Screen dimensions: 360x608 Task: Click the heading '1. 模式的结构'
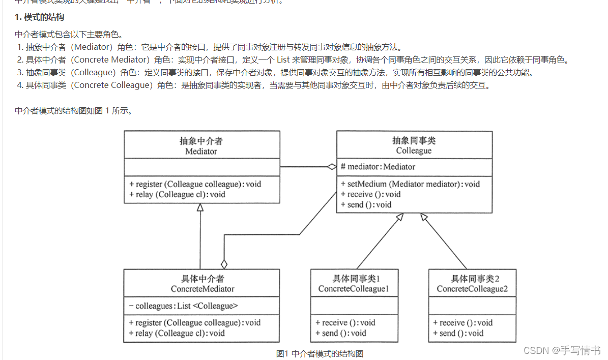click(x=39, y=17)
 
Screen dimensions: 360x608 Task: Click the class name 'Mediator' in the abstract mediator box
click(x=201, y=151)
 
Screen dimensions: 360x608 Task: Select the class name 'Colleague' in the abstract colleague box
click(x=414, y=151)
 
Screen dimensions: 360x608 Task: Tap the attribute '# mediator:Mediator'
click(x=378, y=167)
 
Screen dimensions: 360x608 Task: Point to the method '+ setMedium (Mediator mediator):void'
click(x=410, y=184)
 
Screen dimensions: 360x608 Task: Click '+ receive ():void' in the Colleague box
click(x=370, y=194)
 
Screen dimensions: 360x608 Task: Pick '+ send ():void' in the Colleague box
click(x=366, y=204)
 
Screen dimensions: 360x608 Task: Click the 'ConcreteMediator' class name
click(x=202, y=289)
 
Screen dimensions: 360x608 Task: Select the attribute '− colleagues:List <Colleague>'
click(x=183, y=306)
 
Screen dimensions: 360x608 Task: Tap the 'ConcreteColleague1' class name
click(x=354, y=289)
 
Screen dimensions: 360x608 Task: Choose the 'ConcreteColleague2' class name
click(x=472, y=289)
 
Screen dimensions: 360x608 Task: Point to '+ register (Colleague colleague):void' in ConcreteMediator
click(x=194, y=322)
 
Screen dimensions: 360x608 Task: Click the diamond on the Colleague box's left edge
click(x=331, y=167)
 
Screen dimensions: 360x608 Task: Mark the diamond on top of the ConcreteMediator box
click(x=224, y=264)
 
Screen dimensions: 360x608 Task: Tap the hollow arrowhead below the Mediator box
click(x=200, y=207)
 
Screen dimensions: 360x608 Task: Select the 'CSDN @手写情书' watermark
click(x=562, y=350)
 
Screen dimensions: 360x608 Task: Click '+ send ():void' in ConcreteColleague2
click(x=458, y=333)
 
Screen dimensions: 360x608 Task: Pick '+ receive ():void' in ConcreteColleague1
click(x=345, y=322)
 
